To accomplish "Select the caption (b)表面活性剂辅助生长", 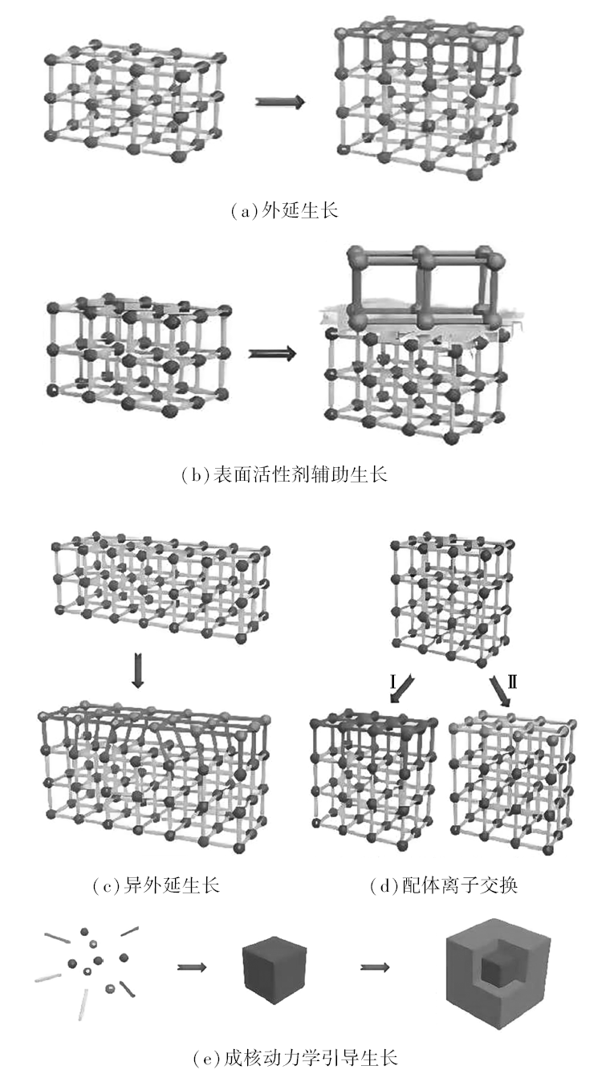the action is [284, 474].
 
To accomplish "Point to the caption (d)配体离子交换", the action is [443, 885].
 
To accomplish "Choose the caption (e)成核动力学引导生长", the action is [296, 1057].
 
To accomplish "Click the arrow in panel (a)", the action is [280, 102].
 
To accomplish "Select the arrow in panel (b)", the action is [272, 353].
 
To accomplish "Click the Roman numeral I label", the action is [393, 681].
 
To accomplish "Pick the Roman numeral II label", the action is [512, 681].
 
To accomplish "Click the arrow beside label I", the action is [401, 689].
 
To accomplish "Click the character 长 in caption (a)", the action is [329, 211].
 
